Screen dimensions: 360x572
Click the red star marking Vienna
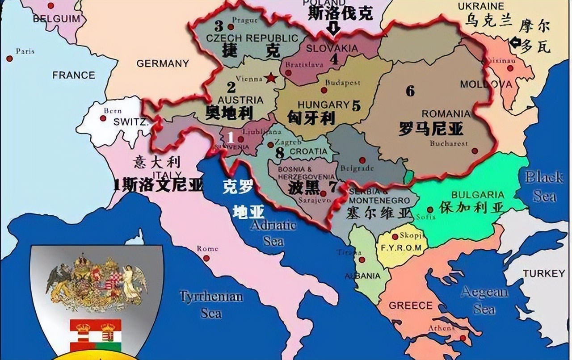tap(270, 78)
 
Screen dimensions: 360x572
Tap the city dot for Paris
tap(9, 59)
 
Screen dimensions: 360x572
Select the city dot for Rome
tap(206, 258)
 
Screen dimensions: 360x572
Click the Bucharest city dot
tap(475, 151)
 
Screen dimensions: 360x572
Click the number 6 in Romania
tap(410, 91)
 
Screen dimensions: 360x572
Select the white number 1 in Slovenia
tap(231, 137)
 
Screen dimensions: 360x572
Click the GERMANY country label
tap(162, 63)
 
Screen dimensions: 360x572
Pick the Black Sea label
tap(544, 186)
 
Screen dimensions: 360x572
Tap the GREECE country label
tap(411, 306)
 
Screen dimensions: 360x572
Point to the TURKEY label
tap(544, 273)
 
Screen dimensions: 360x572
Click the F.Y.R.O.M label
tap(400, 247)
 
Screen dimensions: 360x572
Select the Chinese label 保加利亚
tap(471, 207)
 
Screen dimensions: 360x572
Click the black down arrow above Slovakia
tap(333, 29)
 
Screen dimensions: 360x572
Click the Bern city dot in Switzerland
tap(103, 118)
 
